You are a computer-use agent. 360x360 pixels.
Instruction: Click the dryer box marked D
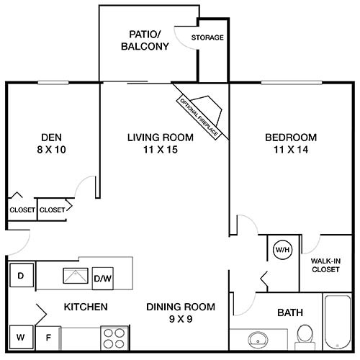coord(22,276)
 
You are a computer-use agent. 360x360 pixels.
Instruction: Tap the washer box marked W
coord(22,336)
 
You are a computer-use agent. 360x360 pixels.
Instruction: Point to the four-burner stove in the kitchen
coord(113,336)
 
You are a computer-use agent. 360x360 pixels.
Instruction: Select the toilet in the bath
coord(305,334)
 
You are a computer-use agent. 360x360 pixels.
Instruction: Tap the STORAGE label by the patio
coord(207,37)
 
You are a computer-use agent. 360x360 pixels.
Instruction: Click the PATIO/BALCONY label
coord(149,40)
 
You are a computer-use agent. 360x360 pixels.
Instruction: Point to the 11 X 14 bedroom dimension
coord(290,150)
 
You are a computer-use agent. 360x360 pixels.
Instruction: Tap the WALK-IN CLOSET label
coord(325,265)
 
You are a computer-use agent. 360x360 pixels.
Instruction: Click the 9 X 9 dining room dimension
coord(179,318)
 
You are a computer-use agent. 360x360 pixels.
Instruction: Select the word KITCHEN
coord(86,307)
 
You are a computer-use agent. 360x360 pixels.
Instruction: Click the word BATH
coord(289,312)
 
